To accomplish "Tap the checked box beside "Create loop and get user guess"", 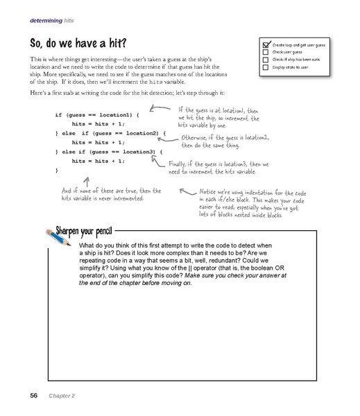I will click(x=266, y=43).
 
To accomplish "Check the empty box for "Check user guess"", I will click(x=265, y=51).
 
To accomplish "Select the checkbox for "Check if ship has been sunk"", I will click(x=265, y=59).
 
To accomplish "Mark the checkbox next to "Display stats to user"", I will click(x=265, y=67).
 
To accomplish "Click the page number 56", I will click(x=33, y=396).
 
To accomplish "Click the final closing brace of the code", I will click(x=56, y=169).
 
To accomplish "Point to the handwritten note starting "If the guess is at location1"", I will click(x=217, y=116).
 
